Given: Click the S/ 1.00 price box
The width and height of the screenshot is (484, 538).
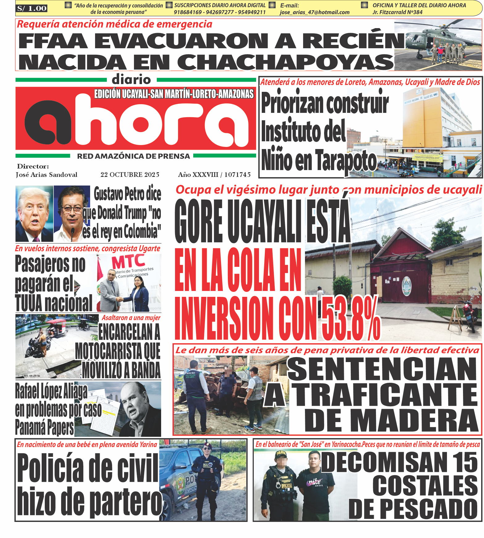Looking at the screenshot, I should point(32,8).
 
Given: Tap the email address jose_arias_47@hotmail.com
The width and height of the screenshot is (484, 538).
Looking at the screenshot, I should point(314,12).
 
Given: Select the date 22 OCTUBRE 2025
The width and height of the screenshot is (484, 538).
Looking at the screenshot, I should point(130,175).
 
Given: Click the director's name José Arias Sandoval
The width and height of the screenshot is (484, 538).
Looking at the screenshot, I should point(47,175).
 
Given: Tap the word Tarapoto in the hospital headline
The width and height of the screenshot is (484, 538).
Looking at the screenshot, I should point(346,161).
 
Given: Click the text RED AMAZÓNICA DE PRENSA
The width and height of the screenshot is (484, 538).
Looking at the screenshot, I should point(133,156).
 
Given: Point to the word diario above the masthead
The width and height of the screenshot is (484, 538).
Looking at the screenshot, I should point(131,80).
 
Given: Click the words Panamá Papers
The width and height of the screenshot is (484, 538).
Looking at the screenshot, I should point(44,428).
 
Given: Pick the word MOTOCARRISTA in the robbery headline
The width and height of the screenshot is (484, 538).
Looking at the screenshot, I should point(118,351).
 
